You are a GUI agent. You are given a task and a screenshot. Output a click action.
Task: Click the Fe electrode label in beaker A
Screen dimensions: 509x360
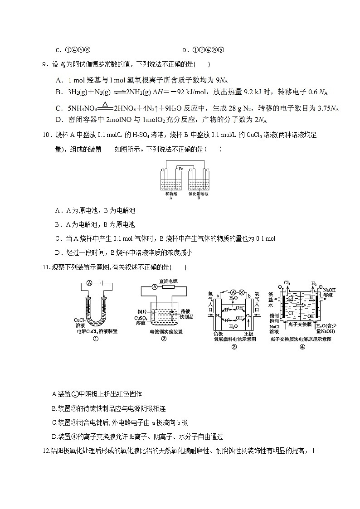180,169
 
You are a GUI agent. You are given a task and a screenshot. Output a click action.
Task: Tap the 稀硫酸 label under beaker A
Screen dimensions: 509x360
171,194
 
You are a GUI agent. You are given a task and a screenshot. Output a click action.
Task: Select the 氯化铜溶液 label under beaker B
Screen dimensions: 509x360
199,194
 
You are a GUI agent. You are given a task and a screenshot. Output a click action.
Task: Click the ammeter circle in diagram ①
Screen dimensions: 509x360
89,283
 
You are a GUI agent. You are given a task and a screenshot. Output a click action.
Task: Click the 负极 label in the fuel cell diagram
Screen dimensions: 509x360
219,333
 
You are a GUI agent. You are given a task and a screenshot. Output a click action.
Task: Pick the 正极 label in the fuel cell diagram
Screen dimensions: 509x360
251,333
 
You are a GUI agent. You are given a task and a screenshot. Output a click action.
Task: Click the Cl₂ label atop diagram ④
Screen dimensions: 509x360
287,282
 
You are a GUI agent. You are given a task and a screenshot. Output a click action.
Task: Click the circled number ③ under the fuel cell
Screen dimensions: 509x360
234,347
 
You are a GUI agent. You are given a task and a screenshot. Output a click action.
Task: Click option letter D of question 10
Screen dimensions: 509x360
58,252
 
